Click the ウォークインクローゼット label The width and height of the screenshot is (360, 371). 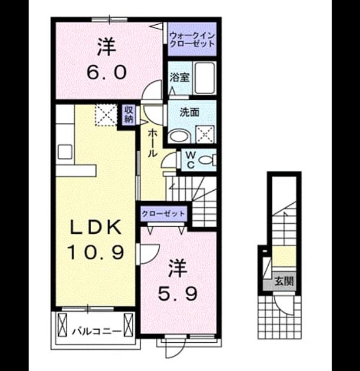[x=192, y=40]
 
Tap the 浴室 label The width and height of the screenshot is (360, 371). [x=179, y=77]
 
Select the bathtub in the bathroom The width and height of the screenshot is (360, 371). [x=204, y=78]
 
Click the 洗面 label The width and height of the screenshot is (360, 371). [x=189, y=112]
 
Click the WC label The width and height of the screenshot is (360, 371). [x=191, y=160]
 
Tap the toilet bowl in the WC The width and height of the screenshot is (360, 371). [x=205, y=160]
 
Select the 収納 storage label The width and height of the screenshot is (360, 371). [x=129, y=114]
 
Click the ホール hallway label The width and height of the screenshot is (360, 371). [x=152, y=143]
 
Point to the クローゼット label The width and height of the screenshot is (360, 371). [x=163, y=214]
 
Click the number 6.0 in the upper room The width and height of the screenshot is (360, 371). [x=106, y=72]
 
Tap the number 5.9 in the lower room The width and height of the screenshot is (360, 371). [x=178, y=294]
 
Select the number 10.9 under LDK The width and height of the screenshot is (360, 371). [x=95, y=252]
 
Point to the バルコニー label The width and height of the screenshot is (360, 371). [x=96, y=331]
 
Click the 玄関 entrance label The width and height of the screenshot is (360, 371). [x=284, y=281]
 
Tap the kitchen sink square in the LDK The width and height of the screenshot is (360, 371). [x=65, y=152]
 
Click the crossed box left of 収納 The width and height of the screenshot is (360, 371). [x=106, y=115]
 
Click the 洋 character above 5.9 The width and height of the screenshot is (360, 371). [x=178, y=269]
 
